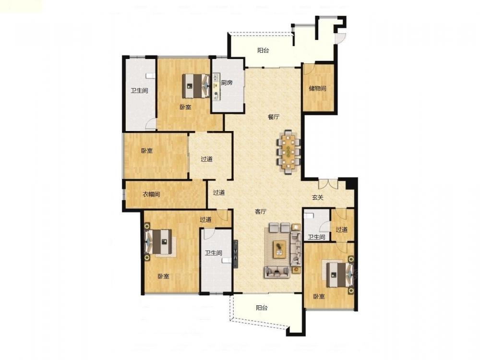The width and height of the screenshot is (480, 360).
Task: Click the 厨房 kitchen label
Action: pyautogui.click(x=227, y=83)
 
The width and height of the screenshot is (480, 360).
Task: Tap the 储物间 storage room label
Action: pyautogui.click(x=317, y=88)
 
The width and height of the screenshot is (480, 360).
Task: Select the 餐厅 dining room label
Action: pyautogui.click(x=274, y=117)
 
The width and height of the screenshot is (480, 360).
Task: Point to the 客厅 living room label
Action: pyautogui.click(x=261, y=211)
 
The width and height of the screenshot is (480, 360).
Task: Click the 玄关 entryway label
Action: pyautogui.click(x=318, y=197)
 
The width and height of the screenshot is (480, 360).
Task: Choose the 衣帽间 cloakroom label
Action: pyautogui.click(x=151, y=194)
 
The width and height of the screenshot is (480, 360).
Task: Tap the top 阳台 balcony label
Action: pyautogui.click(x=263, y=50)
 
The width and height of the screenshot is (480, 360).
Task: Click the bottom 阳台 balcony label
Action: pyautogui.click(x=262, y=308)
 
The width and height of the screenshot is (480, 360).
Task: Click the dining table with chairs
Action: pyautogui.click(x=288, y=152)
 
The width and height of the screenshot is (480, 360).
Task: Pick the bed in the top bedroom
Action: pyautogui.click(x=196, y=86)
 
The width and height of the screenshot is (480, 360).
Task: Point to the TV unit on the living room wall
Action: pyautogui.click(x=236, y=254)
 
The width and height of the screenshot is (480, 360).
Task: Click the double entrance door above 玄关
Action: pyautogui.click(x=328, y=183)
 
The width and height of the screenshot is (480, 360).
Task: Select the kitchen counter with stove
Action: pyautogui.click(x=216, y=86)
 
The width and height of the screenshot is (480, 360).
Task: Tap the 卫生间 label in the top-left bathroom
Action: pyautogui.click(x=139, y=91)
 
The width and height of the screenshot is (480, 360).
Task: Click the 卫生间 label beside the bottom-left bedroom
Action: pyautogui.click(x=214, y=253)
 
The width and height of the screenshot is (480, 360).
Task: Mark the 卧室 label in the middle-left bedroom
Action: pyautogui.click(x=147, y=151)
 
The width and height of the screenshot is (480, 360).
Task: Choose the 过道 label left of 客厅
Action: pyautogui.click(x=219, y=192)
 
